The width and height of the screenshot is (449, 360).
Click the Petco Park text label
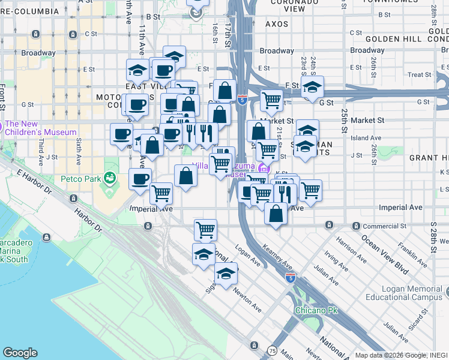tap(83, 179)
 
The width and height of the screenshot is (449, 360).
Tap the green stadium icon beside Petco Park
tap(109, 178)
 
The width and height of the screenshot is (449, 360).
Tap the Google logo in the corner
tap(20, 353)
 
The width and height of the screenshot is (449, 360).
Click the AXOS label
tap(277, 25)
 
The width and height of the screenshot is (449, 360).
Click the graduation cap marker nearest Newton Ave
tap(226, 274)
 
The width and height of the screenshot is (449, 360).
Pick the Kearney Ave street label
tap(279, 258)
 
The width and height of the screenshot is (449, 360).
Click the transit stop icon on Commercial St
tap(329, 226)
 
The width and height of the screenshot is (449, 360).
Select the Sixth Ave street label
tap(79, 153)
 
